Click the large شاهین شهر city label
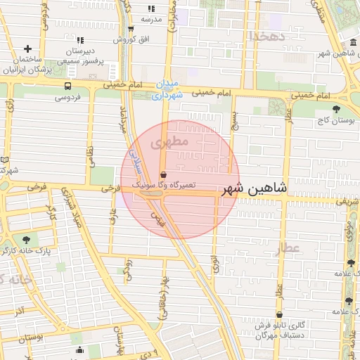click(255, 189)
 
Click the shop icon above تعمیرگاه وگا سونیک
click(164, 174)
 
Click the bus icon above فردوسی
click(67, 86)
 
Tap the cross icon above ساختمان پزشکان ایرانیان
click(27, 49)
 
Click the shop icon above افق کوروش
click(131, 29)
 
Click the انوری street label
click(214, 264)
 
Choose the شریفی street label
click(343, 202)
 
